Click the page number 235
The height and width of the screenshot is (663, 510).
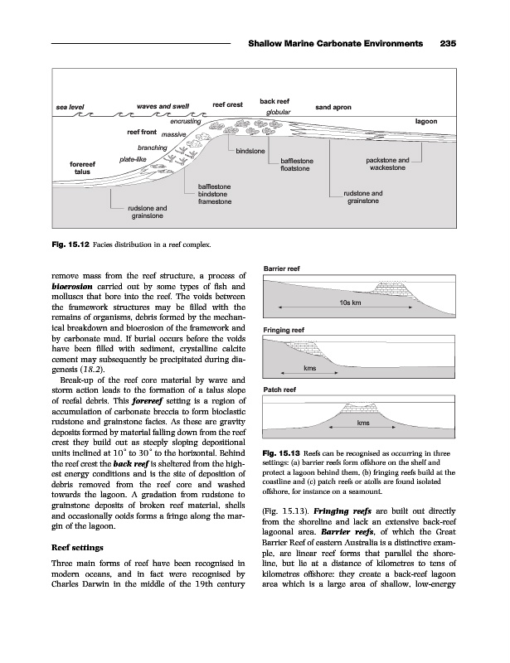[449, 44]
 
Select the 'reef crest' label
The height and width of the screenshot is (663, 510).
[227, 104]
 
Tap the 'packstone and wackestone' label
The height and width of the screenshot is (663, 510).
[387, 164]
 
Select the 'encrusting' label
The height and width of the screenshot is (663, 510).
[185, 122]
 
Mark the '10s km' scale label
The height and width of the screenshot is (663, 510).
[351, 303]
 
